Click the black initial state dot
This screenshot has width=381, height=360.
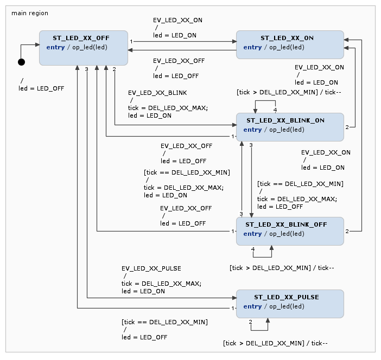(x=21, y=62)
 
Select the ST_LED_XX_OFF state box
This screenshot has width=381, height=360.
(x=84, y=48)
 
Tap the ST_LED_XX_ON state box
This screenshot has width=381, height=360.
(x=290, y=44)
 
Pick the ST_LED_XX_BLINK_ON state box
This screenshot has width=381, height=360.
(x=290, y=127)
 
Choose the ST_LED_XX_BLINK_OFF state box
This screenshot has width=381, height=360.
(x=290, y=231)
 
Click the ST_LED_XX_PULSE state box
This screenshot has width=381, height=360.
(x=290, y=304)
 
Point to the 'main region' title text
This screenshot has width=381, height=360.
(x=30, y=13)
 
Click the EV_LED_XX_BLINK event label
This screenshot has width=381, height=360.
(x=157, y=93)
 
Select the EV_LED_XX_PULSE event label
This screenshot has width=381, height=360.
(x=151, y=268)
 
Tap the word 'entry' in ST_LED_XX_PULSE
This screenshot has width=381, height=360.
(x=252, y=306)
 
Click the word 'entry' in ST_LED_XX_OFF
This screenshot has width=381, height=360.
(x=55, y=47)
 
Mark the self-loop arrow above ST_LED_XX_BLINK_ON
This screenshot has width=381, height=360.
(x=265, y=100)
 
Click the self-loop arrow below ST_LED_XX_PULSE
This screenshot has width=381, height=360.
(x=259, y=330)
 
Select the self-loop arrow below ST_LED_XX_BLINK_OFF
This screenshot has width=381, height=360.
(x=263, y=257)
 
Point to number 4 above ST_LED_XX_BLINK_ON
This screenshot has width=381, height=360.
(x=275, y=110)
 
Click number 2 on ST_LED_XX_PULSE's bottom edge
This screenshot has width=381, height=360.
(x=250, y=322)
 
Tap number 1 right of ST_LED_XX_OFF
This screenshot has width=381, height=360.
(x=131, y=42)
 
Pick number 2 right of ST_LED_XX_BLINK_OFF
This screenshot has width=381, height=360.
(x=347, y=231)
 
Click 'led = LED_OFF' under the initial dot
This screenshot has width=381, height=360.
(x=41, y=88)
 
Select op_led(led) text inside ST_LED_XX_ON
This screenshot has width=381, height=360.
(x=287, y=47)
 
